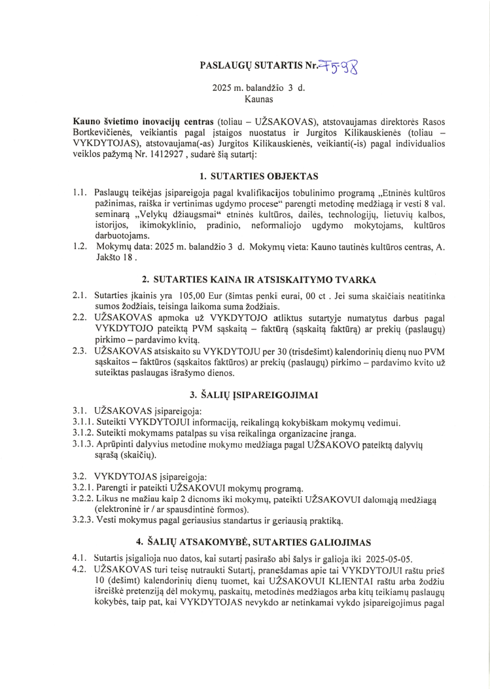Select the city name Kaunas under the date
click(x=258, y=99)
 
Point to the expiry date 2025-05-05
click(x=393, y=559)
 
